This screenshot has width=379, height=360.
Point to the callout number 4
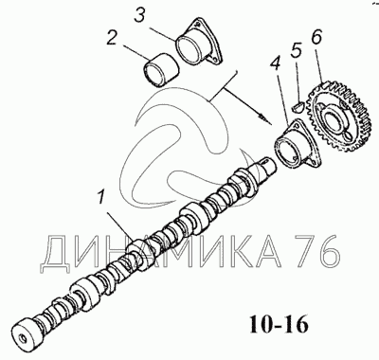click(x=275, y=66)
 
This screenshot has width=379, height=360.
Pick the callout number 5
click(x=296, y=50)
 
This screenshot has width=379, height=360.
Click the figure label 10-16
click(x=279, y=324)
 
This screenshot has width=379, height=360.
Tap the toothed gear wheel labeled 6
click(x=338, y=118)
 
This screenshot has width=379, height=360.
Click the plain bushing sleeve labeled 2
click(x=162, y=69)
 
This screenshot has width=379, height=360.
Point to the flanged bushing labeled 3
click(x=198, y=44)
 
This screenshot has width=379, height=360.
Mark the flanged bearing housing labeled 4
click(x=298, y=145)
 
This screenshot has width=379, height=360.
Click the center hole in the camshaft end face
click(x=24, y=338)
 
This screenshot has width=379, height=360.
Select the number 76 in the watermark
click(x=316, y=253)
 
